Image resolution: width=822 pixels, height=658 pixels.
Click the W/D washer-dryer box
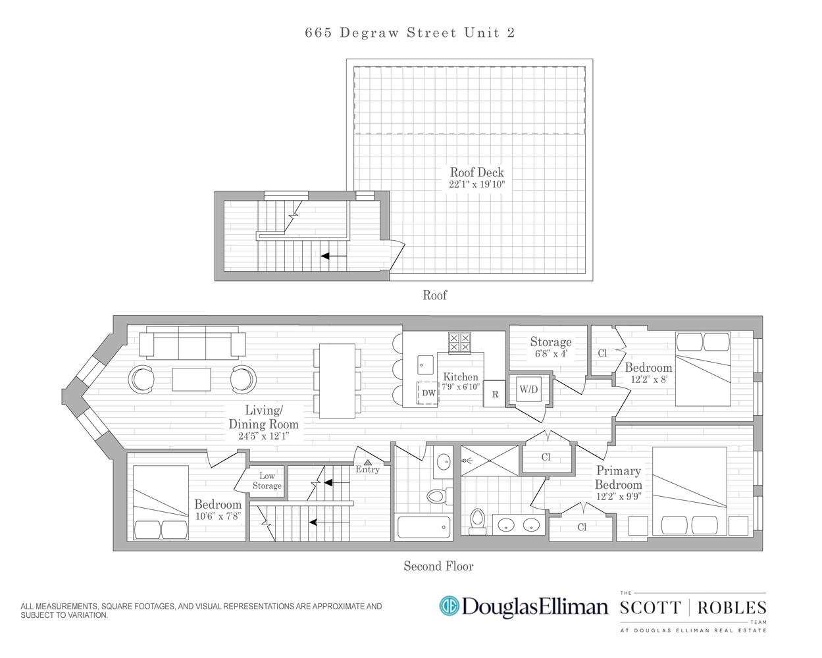528,390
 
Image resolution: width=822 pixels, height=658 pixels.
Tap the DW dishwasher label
428,393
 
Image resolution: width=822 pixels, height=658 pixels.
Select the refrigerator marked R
495,395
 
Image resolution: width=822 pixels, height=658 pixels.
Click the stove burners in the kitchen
459,342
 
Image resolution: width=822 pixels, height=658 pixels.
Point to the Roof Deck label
476,172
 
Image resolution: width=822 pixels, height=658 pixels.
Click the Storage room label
551,342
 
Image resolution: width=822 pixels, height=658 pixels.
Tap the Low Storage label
267,481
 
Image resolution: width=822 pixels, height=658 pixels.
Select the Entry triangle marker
367,463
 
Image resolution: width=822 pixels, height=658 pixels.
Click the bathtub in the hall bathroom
424,527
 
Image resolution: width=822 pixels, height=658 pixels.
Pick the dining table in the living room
337,381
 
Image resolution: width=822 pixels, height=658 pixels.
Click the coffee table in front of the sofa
192,379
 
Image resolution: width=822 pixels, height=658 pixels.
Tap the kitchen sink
425,365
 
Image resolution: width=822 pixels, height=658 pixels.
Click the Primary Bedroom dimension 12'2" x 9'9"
619,497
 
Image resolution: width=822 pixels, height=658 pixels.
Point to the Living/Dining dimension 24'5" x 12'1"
263,436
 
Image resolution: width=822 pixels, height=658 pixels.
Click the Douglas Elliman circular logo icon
449,606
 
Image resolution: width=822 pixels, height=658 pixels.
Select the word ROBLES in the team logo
732,608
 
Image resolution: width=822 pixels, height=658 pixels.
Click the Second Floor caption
438,566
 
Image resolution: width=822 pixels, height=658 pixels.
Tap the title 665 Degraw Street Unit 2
409,33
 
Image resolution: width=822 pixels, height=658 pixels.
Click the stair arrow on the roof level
334,256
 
